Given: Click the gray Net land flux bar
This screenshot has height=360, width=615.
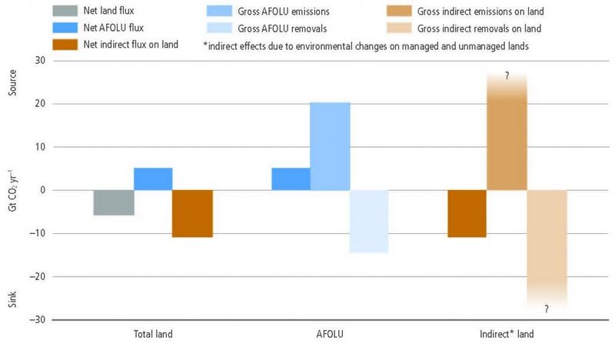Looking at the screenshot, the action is (114, 202).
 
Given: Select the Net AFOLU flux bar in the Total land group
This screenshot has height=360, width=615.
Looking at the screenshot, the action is (153, 179).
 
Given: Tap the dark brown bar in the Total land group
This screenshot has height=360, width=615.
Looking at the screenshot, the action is (192, 214).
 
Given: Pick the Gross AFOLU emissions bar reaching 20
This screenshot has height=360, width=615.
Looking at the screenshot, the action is (330, 146).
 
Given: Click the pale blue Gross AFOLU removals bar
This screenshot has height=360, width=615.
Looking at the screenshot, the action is (369, 222).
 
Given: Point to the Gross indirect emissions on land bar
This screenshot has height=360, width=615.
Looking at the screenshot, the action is (507, 132).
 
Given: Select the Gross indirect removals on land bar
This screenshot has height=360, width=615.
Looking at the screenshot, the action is (547, 248).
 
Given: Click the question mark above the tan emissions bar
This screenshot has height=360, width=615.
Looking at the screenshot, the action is (507, 75).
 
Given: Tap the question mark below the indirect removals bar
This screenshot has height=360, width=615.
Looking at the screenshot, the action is (547, 309).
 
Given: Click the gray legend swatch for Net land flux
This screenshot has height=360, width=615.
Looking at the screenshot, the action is (65, 11).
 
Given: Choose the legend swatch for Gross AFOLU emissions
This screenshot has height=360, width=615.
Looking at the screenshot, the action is (219, 11).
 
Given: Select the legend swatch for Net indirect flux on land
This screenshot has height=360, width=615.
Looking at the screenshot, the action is (65, 45).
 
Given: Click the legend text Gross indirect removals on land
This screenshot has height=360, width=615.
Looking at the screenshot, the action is (479, 28).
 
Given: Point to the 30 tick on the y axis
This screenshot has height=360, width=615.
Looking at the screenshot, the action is (40, 61).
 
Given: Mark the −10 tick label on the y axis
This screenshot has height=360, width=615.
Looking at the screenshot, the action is (37, 233).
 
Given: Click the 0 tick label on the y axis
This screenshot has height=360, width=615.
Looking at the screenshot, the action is (43, 190).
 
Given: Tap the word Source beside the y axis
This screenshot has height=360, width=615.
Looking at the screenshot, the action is (12, 82).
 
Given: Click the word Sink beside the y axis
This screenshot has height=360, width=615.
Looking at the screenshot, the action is (12, 299).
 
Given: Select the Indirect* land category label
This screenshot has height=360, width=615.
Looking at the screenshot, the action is (507, 334).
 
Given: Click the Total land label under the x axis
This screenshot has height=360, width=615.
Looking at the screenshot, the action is (153, 334).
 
